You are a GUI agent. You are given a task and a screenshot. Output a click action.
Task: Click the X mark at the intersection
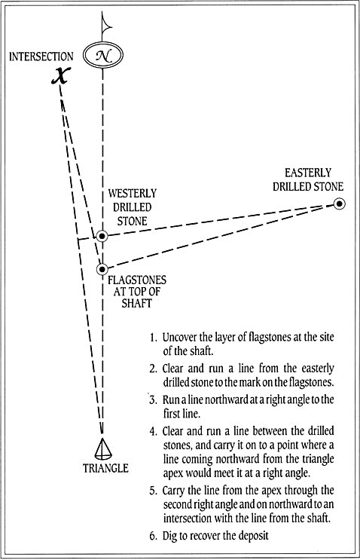click(59, 75)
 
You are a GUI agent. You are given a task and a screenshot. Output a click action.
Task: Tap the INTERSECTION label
click(41, 57)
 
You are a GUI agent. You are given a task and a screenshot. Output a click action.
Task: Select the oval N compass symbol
click(103, 55)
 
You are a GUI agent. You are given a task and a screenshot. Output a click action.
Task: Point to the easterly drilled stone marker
click(340, 204)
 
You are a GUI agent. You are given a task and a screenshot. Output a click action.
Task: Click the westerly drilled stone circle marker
click(102, 236)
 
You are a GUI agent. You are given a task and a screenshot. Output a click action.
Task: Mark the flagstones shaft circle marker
click(102, 269)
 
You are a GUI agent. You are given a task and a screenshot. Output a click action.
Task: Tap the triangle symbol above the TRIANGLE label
click(103, 448)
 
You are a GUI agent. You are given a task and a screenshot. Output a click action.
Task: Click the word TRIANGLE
click(105, 468)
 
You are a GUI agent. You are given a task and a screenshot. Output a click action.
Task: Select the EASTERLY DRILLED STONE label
click(308, 179)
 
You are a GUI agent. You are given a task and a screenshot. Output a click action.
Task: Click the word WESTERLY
click(133, 193)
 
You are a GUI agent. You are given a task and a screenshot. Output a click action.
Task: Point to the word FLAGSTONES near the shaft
click(137, 280)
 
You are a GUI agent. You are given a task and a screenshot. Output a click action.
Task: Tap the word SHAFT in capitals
click(136, 303)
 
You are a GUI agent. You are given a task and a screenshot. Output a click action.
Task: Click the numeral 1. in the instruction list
click(154, 338)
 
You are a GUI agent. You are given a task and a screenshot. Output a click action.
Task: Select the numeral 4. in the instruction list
click(154, 431)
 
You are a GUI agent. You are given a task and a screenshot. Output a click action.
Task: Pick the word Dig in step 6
click(169, 536)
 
